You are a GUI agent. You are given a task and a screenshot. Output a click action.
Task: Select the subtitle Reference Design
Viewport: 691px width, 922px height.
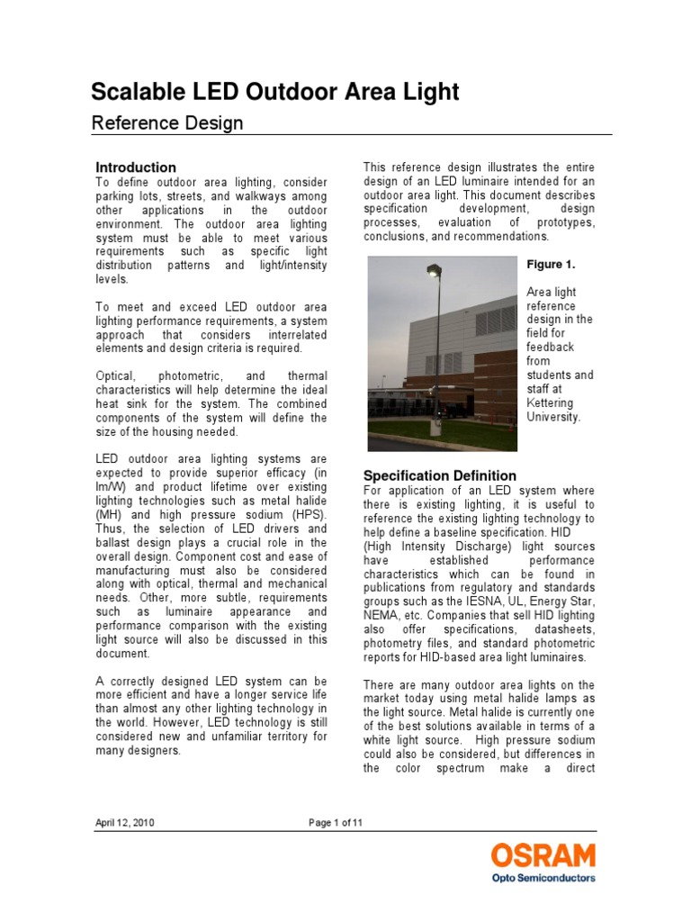coord(167,123)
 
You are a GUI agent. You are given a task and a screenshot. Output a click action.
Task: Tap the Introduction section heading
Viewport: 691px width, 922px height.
coord(136,167)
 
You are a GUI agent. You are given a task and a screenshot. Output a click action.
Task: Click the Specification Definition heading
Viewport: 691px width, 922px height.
coord(439,475)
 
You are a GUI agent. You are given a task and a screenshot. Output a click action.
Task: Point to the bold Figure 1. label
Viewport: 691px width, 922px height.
coord(550,264)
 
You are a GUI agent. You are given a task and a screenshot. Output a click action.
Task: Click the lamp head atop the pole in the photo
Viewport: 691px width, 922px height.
coord(435,269)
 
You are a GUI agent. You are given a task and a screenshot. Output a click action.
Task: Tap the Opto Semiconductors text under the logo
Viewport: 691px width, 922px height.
coord(543,877)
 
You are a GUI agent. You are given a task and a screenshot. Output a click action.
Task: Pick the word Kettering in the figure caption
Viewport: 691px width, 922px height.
coord(550,403)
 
